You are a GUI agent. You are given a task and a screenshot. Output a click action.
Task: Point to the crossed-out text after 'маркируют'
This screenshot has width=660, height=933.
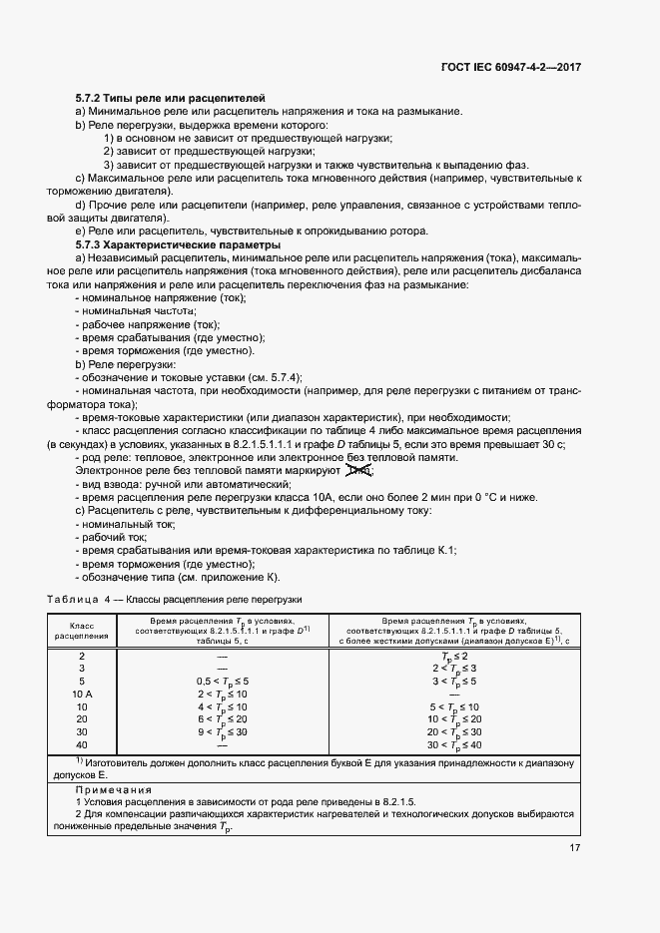click(358, 470)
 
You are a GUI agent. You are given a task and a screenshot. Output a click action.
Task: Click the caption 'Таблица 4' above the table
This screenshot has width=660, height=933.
click(72, 599)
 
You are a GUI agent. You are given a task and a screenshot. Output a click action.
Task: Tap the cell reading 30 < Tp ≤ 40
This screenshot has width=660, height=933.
click(453, 744)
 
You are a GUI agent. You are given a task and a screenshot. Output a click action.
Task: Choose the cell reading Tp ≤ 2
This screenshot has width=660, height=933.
click(453, 655)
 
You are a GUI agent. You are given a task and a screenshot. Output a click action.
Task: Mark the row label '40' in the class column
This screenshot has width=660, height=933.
click(81, 744)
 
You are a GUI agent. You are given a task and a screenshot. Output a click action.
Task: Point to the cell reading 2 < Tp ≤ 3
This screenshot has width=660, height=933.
click(453, 668)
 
